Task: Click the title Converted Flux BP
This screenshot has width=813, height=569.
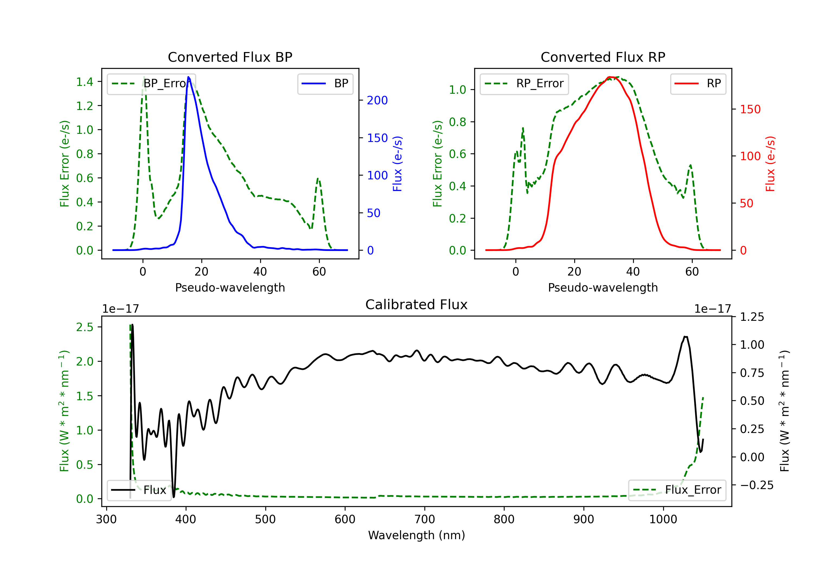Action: coord(230,57)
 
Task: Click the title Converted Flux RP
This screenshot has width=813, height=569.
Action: coord(603,57)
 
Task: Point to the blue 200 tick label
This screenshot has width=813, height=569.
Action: coord(377,101)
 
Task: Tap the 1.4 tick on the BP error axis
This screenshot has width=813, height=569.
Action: coord(85,82)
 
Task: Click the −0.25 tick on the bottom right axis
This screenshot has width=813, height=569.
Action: coord(756,485)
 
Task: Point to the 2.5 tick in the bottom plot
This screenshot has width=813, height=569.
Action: coord(85,327)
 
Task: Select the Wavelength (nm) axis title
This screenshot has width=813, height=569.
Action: coord(417,535)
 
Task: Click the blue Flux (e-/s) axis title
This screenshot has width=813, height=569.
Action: coord(397,164)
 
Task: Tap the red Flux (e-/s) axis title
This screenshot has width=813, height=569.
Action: coord(770,164)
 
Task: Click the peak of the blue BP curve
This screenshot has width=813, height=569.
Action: coord(188,77)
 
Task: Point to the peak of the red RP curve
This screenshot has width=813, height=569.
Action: coord(610,77)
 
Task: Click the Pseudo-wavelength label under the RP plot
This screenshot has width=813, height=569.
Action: coord(603,287)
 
